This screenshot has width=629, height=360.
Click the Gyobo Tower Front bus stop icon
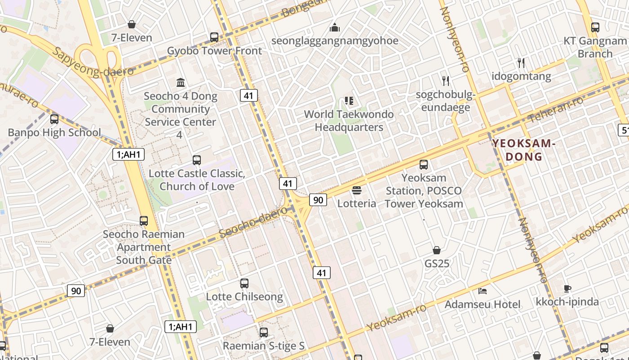pos(214,37)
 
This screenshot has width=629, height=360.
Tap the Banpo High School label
pos(54,132)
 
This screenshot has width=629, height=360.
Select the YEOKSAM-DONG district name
pos(523,150)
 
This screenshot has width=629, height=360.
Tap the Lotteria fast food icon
pos(357,190)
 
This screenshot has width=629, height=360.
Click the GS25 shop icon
pos(436,250)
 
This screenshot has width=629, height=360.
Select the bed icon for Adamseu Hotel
pos(483,291)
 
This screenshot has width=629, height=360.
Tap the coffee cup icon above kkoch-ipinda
pos(567,288)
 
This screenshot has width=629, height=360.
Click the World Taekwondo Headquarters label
pos(349,121)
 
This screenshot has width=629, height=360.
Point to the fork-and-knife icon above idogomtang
pos(521,63)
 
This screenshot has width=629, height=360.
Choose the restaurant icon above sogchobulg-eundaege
pos(445,81)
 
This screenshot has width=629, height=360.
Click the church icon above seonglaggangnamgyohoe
pos(335,27)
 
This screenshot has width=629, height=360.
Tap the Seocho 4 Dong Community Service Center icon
pos(181,82)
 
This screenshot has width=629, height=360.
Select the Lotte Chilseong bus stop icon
pos(244,283)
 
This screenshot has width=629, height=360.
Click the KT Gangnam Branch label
pos(595,47)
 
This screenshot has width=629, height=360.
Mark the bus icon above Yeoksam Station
pos(424,165)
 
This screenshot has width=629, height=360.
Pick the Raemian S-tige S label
pos(264,346)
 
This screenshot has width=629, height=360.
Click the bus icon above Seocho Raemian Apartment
pos(144,221)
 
